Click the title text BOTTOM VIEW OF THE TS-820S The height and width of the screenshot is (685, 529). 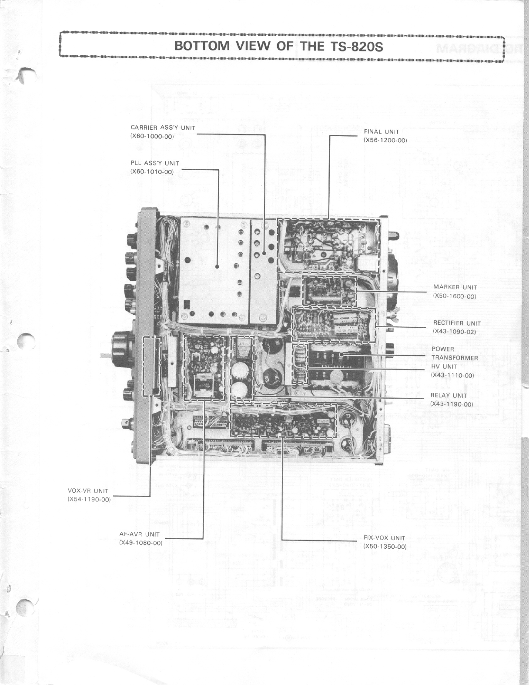(x=278, y=46)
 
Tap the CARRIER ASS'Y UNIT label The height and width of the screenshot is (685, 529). (x=163, y=128)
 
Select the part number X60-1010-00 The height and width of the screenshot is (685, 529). (x=152, y=172)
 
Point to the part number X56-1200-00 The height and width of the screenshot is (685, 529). (x=385, y=140)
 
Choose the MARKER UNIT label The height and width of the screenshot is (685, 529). (x=455, y=287)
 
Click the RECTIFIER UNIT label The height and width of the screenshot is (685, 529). (x=457, y=323)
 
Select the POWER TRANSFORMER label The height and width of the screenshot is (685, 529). (x=455, y=353)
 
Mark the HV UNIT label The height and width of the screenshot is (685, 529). (x=444, y=366)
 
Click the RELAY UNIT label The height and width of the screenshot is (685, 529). (x=449, y=396)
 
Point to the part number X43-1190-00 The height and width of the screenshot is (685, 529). (x=451, y=404)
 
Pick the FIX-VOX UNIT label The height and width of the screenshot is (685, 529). (x=384, y=538)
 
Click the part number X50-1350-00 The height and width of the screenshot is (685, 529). (x=385, y=547)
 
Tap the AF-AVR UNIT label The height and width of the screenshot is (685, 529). (x=139, y=534)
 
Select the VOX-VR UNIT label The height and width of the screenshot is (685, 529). (x=88, y=491)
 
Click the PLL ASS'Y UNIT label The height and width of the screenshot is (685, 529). (x=155, y=163)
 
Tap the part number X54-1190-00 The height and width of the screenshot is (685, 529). (x=89, y=500)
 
